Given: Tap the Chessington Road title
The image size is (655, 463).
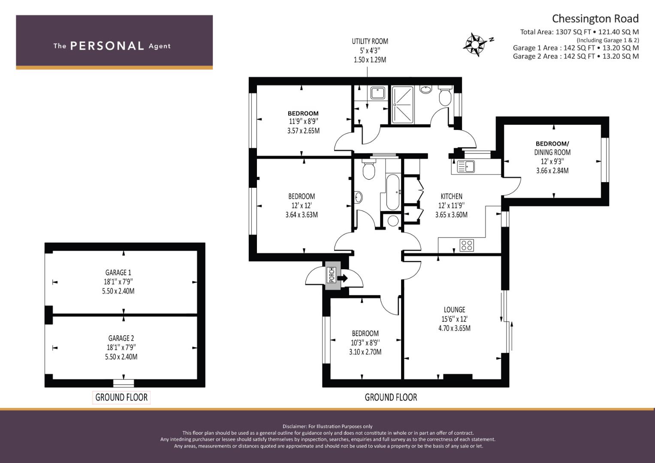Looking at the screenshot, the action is pyautogui.click(x=595, y=19).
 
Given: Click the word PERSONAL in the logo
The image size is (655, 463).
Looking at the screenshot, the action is pyautogui.click(x=107, y=46).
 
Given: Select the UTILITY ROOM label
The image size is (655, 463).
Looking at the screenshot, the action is pyautogui.click(x=370, y=41).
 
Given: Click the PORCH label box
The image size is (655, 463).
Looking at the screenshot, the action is pyautogui.click(x=332, y=275).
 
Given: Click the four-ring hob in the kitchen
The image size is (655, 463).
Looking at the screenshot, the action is pyautogui.click(x=467, y=245).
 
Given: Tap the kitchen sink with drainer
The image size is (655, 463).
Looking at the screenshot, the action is pyautogui.click(x=465, y=167).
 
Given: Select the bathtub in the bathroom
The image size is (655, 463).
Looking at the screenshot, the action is pyautogui.click(x=392, y=192).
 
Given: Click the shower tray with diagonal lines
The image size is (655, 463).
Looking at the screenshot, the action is pyautogui.click(x=402, y=104).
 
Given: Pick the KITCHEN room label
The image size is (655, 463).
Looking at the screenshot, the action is pyautogui.click(x=452, y=196).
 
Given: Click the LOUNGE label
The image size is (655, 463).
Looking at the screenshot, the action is pyautogui.click(x=454, y=310).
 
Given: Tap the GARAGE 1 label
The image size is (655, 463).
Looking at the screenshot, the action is pyautogui.click(x=118, y=272).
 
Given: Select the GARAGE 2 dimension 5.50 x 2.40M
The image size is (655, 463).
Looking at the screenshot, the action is pyautogui.click(x=121, y=357).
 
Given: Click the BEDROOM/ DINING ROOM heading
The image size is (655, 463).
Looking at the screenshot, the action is pyautogui.click(x=552, y=148).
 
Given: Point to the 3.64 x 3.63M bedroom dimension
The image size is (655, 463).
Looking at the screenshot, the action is pyautogui.click(x=302, y=215).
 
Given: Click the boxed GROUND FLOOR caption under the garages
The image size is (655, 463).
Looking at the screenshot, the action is pyautogui.click(x=121, y=397).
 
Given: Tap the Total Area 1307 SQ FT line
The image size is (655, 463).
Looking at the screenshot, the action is pyautogui.click(x=579, y=32).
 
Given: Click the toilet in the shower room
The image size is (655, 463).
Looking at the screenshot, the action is pyautogui.click(x=445, y=96).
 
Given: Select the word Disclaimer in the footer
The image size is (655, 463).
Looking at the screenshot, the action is pyautogui.click(x=294, y=427).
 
